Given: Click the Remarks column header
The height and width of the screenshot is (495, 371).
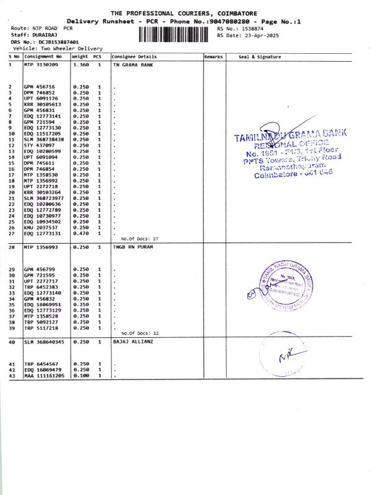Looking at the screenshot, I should pyautogui.click(x=213, y=57).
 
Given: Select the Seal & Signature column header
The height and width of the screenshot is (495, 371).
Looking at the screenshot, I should pyautogui.click(x=260, y=57).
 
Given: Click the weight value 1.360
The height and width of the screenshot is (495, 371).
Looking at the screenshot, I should pyautogui.click(x=80, y=64).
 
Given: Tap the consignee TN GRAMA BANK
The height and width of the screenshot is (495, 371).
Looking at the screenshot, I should pyautogui.click(x=132, y=64).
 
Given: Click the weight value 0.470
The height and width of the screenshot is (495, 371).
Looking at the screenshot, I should pyautogui.click(x=80, y=233).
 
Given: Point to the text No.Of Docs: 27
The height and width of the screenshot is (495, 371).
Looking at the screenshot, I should pyautogui.click(x=140, y=238).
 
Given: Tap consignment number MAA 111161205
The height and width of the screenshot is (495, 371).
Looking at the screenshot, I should pyautogui.click(x=44, y=376).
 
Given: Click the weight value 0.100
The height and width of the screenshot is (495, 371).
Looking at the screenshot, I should pyautogui.click(x=80, y=376).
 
